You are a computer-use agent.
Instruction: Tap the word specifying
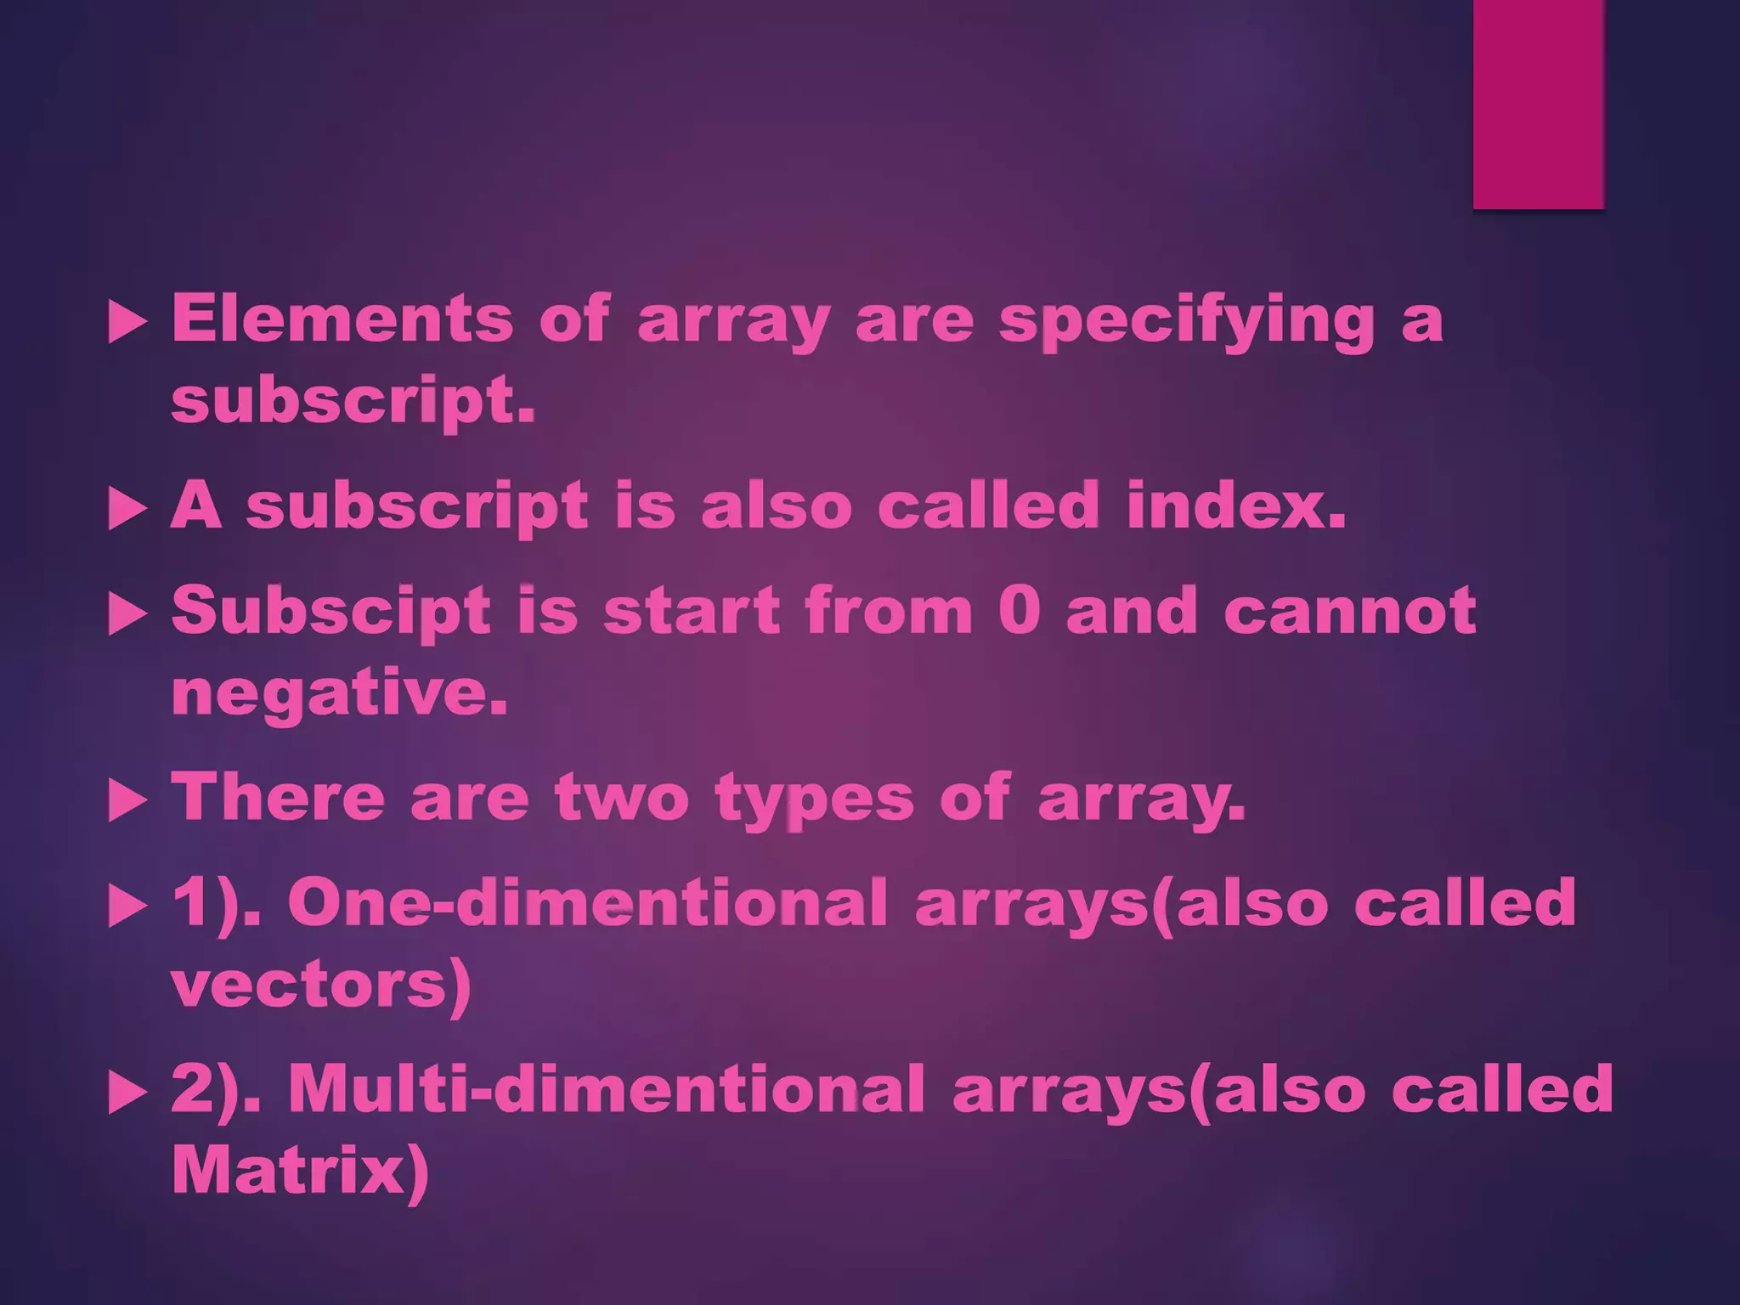[1186, 321]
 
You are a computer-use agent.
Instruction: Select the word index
[1236, 506]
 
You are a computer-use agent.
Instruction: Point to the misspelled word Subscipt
[331, 612]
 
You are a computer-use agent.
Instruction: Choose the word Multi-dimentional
[606, 1089]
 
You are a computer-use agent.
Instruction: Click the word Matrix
[299, 1172]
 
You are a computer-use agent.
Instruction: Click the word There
[278, 799]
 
